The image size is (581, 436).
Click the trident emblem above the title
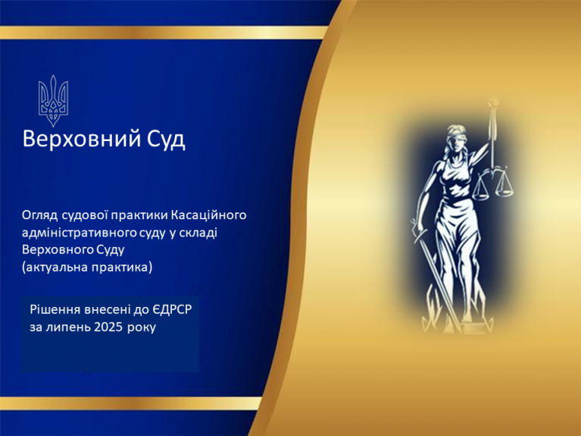tap(53, 101)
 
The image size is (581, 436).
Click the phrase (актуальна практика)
tap(87, 267)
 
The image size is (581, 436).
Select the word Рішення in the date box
tap(55, 309)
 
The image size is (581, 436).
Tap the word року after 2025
tap(141, 328)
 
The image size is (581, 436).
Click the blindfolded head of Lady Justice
tap(457, 137)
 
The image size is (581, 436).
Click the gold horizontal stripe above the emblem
tap(163, 33)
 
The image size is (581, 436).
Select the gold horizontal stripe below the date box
tap(130, 403)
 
